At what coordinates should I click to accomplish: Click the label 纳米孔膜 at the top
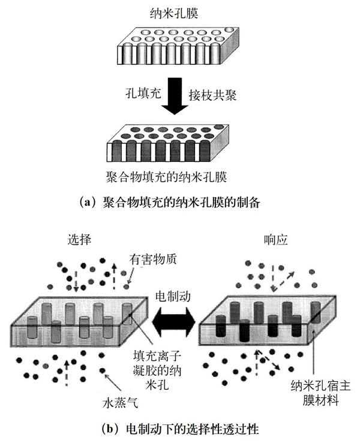[x=173, y=11]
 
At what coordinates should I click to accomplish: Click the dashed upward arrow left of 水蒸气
[x=67, y=372]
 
